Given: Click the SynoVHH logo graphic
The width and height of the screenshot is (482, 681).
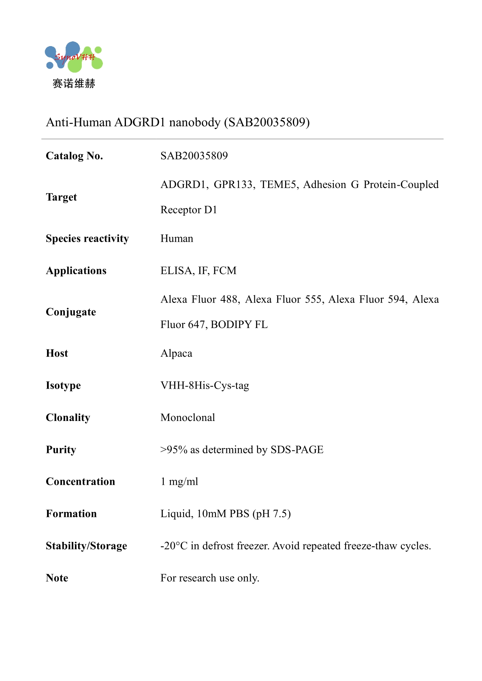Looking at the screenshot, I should [74, 57].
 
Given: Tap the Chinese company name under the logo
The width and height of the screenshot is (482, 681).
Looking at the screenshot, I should [74, 84].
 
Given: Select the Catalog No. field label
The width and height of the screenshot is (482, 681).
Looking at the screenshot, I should [75, 156].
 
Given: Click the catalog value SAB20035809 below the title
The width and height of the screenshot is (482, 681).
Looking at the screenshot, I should [194, 156].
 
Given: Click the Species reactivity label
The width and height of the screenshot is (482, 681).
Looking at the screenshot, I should [87, 239].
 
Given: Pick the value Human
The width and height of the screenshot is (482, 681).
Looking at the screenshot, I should [177, 239].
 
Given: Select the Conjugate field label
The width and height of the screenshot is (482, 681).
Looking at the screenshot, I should [71, 312].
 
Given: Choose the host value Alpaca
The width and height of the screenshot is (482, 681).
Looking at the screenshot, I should [176, 353].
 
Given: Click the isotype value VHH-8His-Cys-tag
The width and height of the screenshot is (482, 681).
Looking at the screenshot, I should [205, 385].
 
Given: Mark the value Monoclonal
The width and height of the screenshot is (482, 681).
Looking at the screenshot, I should [188, 417].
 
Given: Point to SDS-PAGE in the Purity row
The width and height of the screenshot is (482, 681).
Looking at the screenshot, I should [297, 450].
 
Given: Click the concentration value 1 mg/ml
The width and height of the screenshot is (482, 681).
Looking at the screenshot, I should [179, 482].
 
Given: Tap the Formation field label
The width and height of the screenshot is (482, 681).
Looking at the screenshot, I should [71, 514].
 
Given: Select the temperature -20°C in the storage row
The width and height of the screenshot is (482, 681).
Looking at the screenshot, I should [174, 546].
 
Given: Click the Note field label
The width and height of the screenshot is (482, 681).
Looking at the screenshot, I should [57, 578].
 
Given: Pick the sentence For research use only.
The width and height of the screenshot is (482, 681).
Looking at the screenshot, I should [210, 578].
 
